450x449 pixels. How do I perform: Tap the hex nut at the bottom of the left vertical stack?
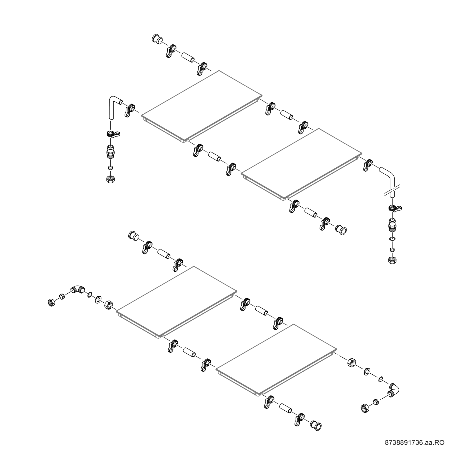tap(111, 179)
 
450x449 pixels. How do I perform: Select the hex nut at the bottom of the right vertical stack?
tap(392, 260)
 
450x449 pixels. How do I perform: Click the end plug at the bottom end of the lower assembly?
tap(316, 426)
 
